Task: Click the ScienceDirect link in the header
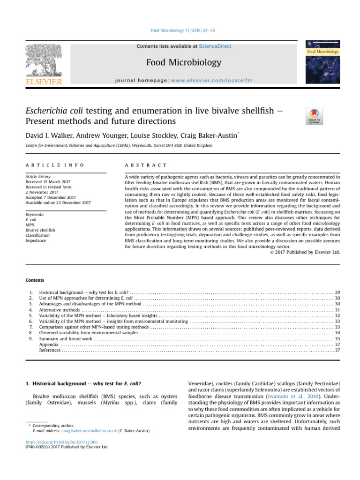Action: tap(215, 46)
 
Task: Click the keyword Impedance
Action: tap(36, 240)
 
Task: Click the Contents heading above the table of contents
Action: tap(35, 280)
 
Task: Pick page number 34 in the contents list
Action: tap(337, 332)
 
